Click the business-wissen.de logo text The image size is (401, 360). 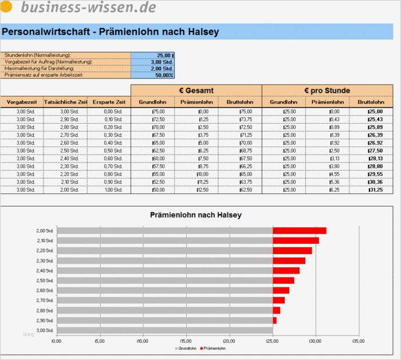88,7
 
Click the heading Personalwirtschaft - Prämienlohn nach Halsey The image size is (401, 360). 110,32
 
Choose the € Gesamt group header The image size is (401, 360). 196,90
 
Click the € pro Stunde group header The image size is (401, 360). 327,90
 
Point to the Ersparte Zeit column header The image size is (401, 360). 109,102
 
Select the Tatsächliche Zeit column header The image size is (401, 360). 66,102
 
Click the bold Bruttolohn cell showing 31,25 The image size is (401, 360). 375,189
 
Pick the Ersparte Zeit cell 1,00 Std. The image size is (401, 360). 109,189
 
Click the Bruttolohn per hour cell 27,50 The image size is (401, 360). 375,151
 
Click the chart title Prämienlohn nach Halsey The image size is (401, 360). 195,215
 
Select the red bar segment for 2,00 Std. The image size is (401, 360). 299,231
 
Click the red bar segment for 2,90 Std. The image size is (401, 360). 274,321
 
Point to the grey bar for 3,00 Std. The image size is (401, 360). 165,330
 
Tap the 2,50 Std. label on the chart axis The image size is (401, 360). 45,280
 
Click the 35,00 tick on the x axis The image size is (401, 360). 357,342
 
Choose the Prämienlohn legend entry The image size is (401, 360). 214,348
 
